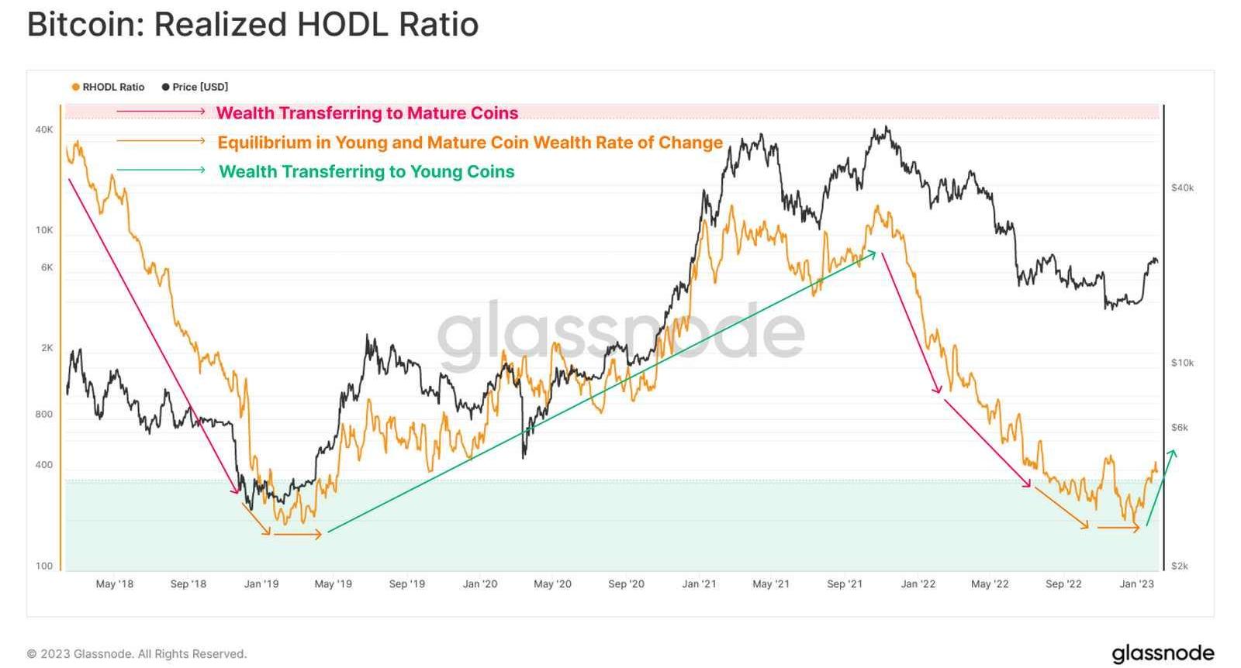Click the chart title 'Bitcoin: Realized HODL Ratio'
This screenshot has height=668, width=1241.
[x=253, y=25]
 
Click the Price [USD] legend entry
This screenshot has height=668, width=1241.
[x=195, y=87]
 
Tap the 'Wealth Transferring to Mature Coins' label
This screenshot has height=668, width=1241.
[x=367, y=113]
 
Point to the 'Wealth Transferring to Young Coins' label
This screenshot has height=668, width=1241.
[x=366, y=171]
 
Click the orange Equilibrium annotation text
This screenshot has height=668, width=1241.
[x=469, y=143]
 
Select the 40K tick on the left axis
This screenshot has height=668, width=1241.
[x=44, y=129]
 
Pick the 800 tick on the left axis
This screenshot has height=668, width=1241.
[x=44, y=414]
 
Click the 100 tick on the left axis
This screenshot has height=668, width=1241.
[x=44, y=566]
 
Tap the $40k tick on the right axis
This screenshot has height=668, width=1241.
[x=1182, y=188]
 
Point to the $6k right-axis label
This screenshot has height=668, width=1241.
[x=1179, y=427]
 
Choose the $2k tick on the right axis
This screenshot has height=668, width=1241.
[x=1179, y=566]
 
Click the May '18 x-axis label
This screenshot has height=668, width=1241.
[x=114, y=584]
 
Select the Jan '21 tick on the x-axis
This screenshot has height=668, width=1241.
[x=699, y=584]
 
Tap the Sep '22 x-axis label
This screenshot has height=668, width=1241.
[x=1063, y=584]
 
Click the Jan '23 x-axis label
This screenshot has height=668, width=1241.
[x=1136, y=584]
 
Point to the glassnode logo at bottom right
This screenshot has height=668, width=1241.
[x=1163, y=653]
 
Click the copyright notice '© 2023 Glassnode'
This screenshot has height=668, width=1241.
[x=137, y=654]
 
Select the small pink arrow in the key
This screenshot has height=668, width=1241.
[x=161, y=112]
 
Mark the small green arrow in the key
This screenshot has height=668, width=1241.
[x=161, y=170]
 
